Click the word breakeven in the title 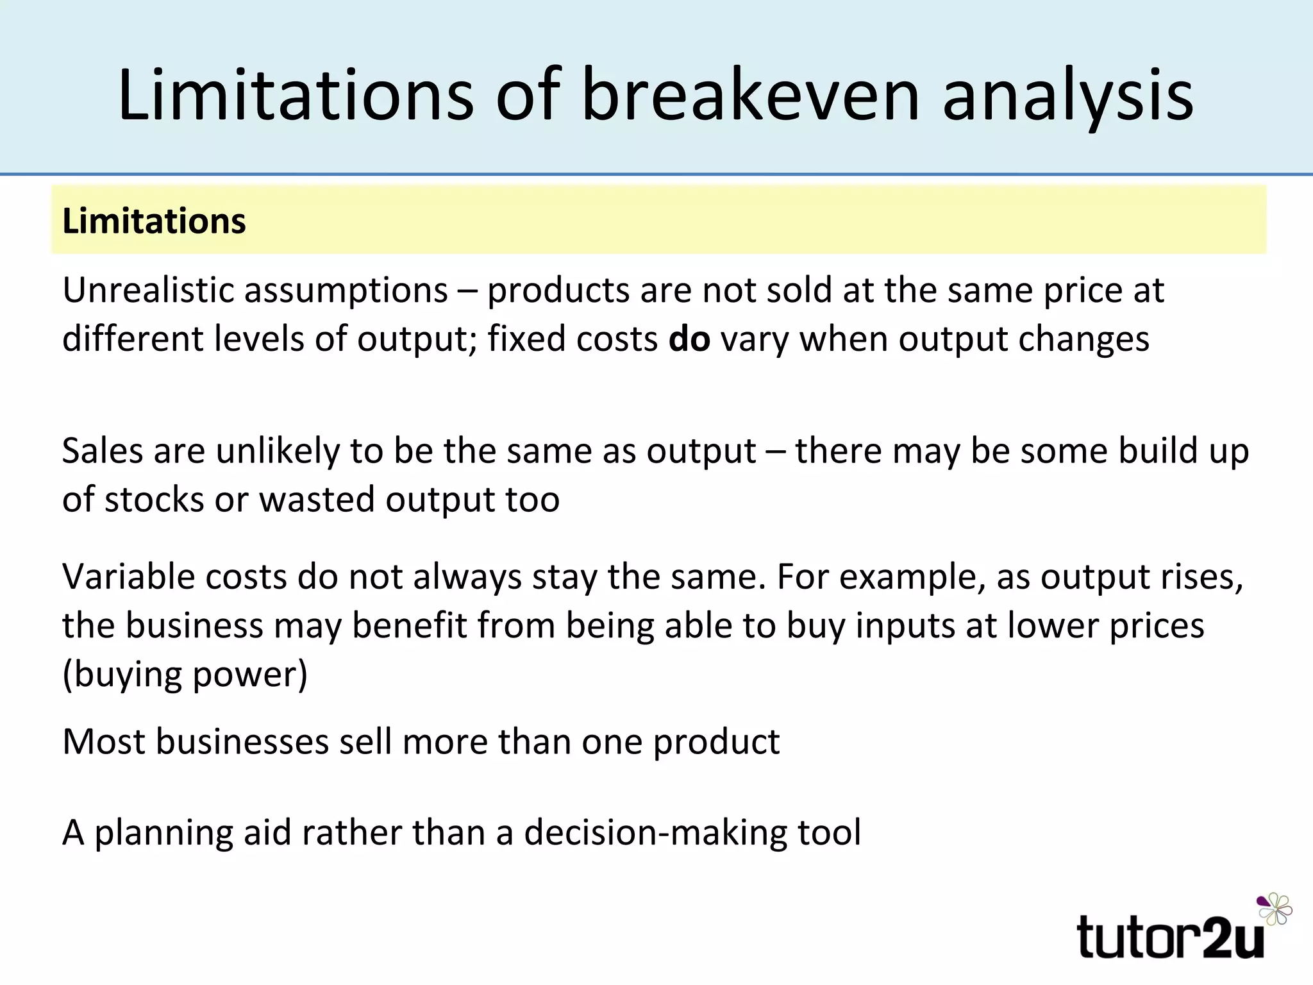coord(750,96)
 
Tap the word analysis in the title coord(1067,96)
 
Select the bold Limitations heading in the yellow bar coord(154,221)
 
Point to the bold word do coord(689,339)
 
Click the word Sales coord(102,451)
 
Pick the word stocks coord(154,500)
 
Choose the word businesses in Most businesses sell coord(242,742)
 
